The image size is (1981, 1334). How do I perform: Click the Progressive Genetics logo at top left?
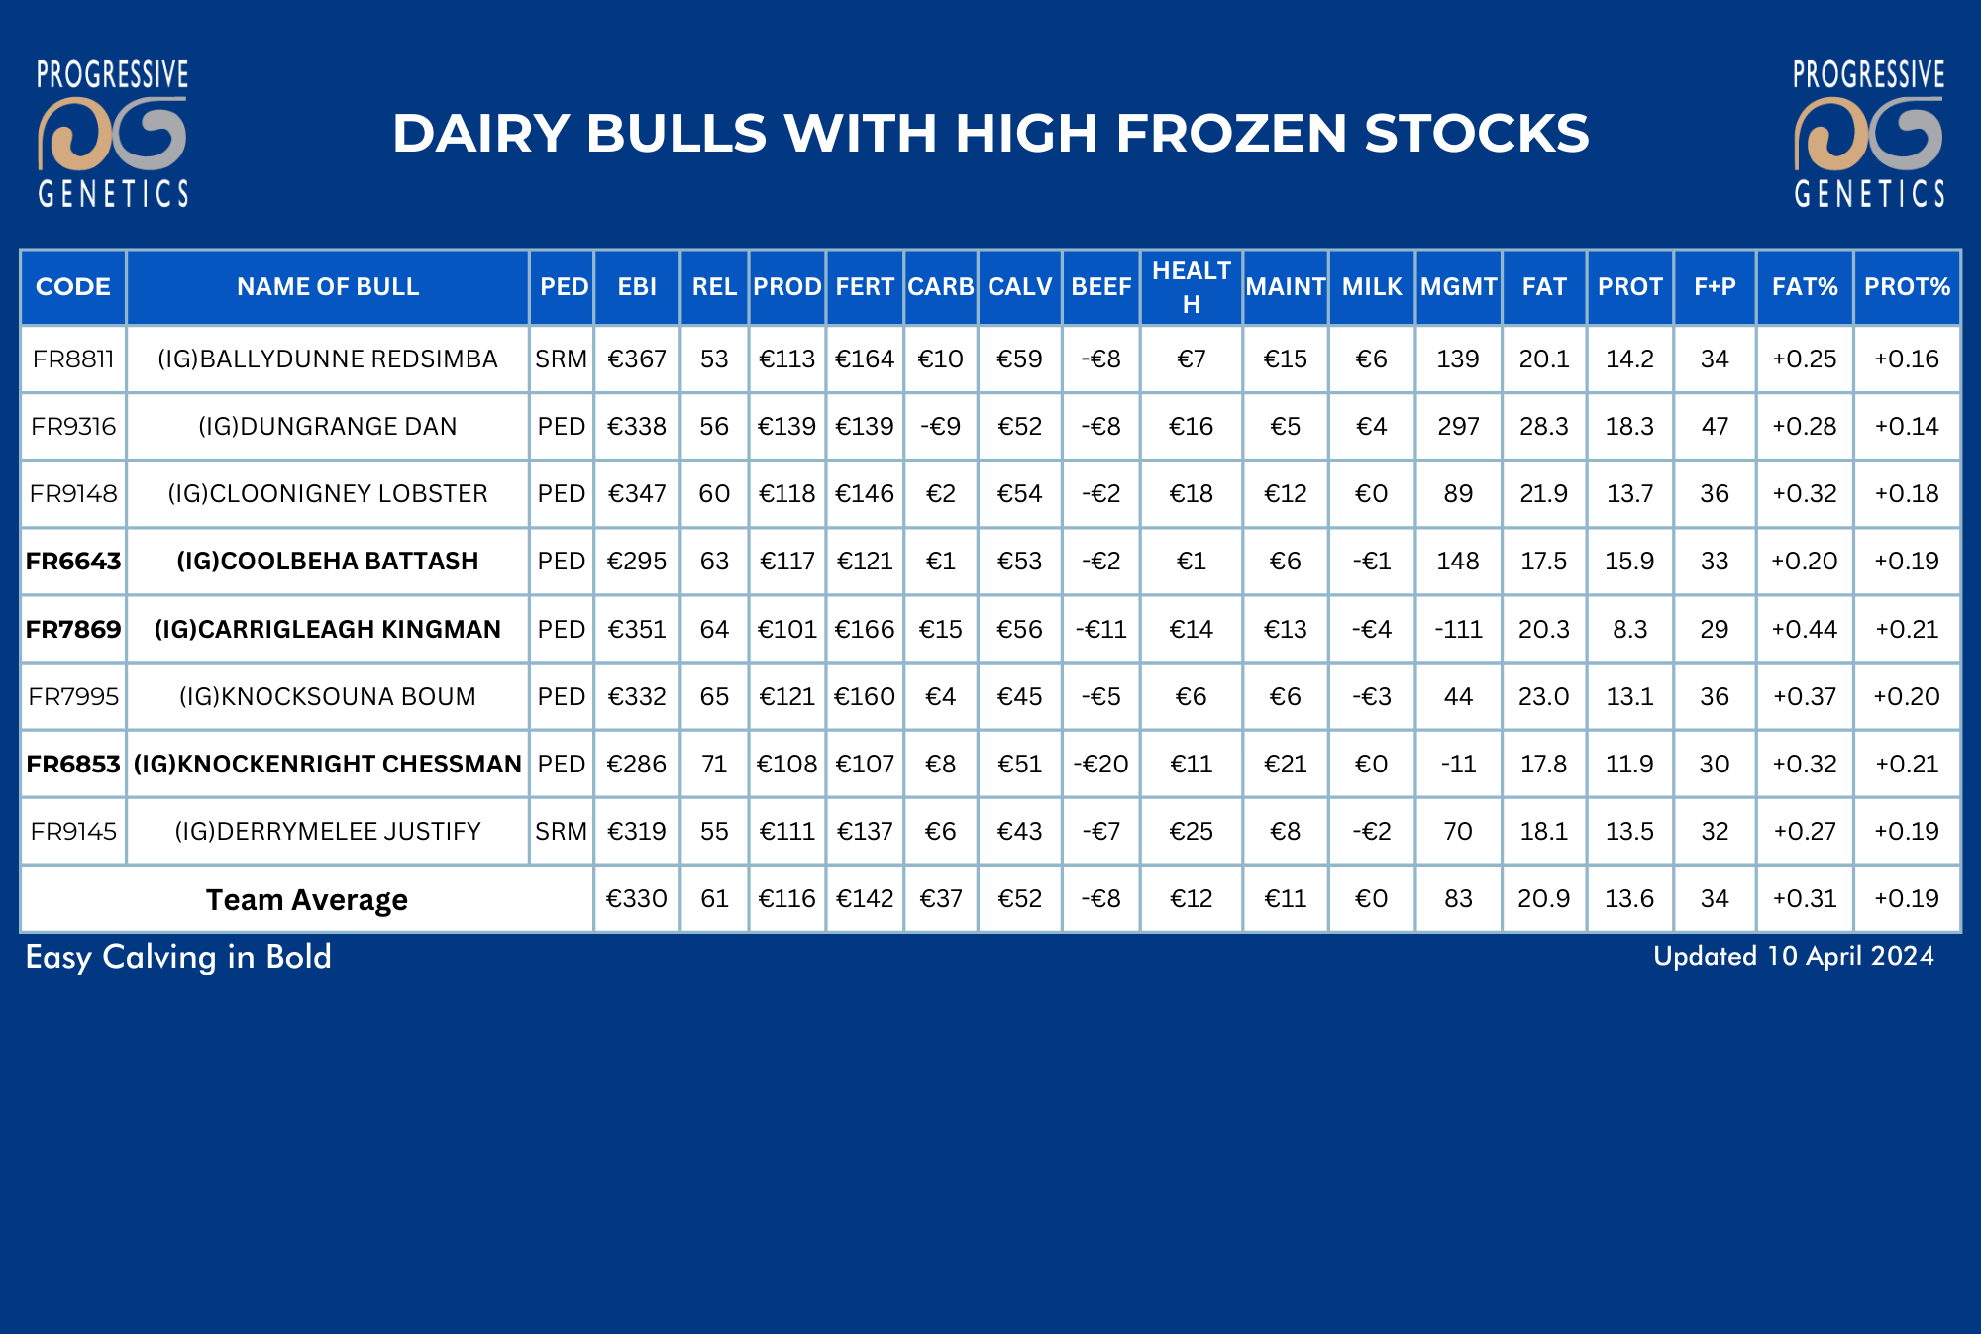pos(112,134)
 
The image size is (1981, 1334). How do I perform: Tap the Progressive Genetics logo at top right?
pos(1869,134)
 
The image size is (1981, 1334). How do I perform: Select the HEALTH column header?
pos(1191,287)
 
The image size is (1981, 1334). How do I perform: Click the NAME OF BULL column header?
pos(328,287)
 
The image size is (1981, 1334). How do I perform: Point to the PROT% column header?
pos(1907,287)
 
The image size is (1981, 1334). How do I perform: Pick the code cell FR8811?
pos(73,359)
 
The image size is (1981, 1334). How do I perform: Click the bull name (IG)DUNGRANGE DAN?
pos(328,426)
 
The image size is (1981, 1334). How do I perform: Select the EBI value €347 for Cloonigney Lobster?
pos(637,493)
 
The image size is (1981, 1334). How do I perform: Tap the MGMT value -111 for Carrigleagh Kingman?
pos(1458,629)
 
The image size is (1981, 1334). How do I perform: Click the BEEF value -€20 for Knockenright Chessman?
pos(1100,764)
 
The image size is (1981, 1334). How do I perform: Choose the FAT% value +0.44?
pos(1804,629)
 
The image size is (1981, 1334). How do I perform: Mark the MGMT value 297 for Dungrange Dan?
pos(1458,426)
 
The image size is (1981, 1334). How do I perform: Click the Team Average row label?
pos(307,899)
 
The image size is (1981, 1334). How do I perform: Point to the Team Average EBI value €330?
pos(637,898)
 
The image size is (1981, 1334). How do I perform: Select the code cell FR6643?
pos(73,562)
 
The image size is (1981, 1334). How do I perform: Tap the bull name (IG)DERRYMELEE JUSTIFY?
pos(328,831)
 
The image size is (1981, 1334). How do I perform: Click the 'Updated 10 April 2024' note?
pos(1794,956)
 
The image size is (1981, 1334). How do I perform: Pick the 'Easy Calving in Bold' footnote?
pos(178,957)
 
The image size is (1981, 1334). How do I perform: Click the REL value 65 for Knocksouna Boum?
pos(714,696)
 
